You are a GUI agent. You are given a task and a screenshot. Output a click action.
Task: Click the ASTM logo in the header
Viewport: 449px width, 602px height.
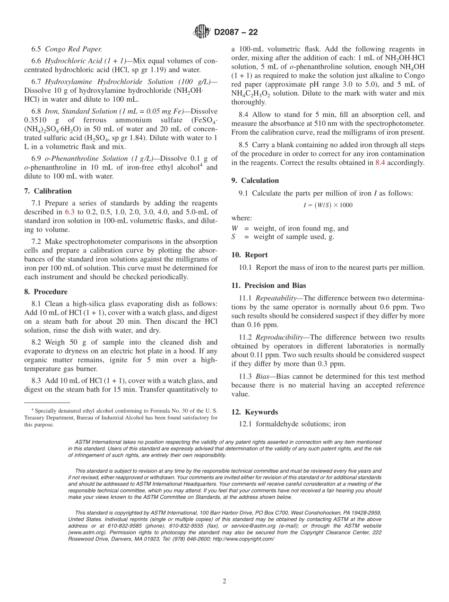[201, 32]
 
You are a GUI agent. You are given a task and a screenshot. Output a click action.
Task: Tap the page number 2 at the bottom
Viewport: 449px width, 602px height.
[224, 581]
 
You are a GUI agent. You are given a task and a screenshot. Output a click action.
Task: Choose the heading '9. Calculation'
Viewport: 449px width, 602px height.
[255, 180]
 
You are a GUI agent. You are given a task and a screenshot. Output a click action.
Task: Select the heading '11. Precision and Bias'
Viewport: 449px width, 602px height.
[268, 285]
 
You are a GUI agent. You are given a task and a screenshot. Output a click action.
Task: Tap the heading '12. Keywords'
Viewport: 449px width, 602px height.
[254, 412]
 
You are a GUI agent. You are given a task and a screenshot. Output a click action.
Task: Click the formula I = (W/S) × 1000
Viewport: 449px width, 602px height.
[328, 205]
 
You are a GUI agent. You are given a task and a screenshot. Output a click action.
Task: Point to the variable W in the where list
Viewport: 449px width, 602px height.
[234, 228]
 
